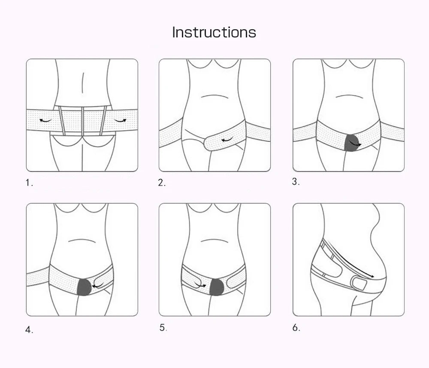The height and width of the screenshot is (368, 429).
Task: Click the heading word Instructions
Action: point(214,32)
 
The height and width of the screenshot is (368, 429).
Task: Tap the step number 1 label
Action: point(29,183)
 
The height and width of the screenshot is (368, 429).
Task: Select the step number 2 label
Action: point(162,183)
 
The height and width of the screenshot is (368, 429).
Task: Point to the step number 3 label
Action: point(296,181)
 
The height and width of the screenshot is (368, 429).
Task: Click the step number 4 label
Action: point(29,330)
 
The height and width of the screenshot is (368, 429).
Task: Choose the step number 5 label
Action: point(163,328)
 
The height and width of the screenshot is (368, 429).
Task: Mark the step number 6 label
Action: point(296,328)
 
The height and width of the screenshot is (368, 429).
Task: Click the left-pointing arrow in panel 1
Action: point(45,121)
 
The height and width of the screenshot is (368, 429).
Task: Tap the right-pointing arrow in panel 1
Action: point(120,121)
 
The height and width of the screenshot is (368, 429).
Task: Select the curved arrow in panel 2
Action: point(228,140)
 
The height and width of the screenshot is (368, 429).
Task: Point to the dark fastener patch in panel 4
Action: point(84,287)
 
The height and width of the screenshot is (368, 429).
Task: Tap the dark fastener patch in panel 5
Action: point(217,287)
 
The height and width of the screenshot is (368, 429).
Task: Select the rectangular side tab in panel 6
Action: point(359,284)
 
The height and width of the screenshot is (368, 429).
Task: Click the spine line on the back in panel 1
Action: point(82,84)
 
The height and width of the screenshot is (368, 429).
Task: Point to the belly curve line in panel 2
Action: point(214,96)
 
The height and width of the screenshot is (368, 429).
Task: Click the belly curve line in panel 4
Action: point(82,240)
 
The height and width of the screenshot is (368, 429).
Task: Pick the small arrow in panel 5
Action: point(200,285)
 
